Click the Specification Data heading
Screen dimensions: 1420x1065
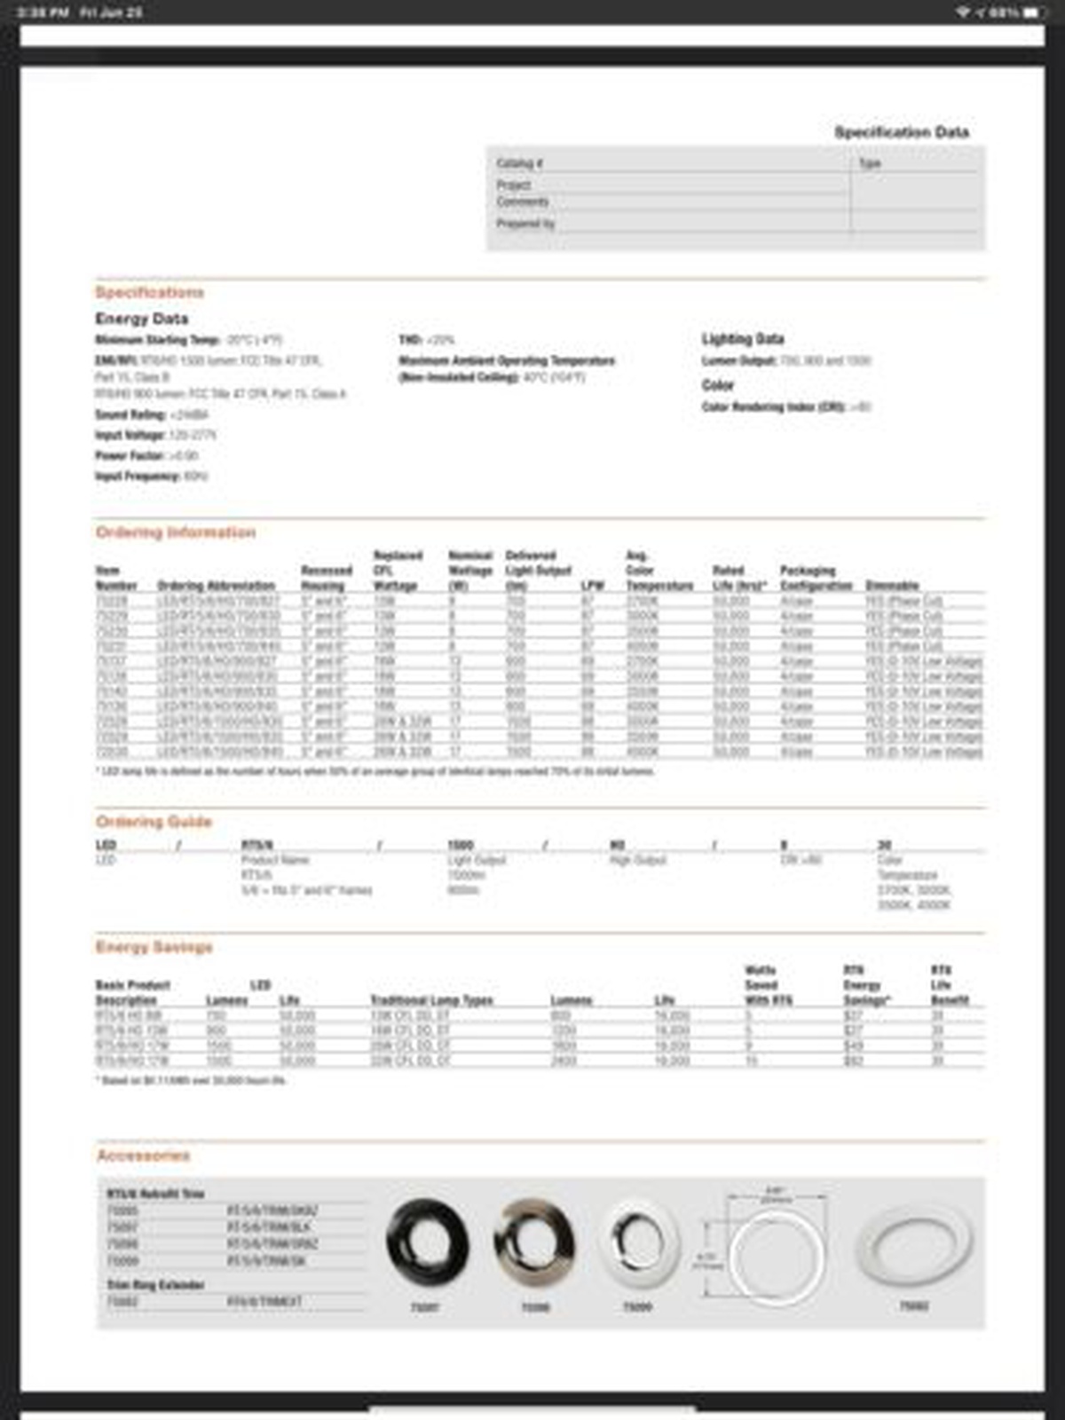(901, 132)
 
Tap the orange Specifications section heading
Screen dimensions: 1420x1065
(149, 292)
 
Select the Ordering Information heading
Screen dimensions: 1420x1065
(175, 532)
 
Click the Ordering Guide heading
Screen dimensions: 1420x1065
(154, 821)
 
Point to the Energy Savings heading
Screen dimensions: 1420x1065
(154, 947)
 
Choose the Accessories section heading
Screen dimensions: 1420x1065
(143, 1155)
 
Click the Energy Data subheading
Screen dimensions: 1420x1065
(141, 318)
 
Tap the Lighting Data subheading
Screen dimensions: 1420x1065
(742, 338)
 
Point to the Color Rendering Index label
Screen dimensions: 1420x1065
(772, 406)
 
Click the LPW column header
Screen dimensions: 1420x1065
(591, 586)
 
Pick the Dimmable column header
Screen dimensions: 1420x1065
(891, 586)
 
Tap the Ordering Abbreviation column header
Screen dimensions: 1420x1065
(216, 586)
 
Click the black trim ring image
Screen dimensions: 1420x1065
(427, 1242)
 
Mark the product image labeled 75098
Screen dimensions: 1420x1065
(534, 1243)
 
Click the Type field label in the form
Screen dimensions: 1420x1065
(870, 163)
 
